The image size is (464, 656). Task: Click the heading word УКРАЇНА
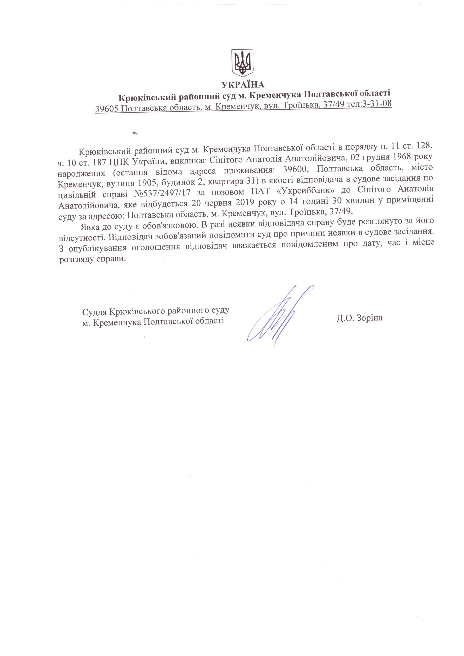tap(243, 85)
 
